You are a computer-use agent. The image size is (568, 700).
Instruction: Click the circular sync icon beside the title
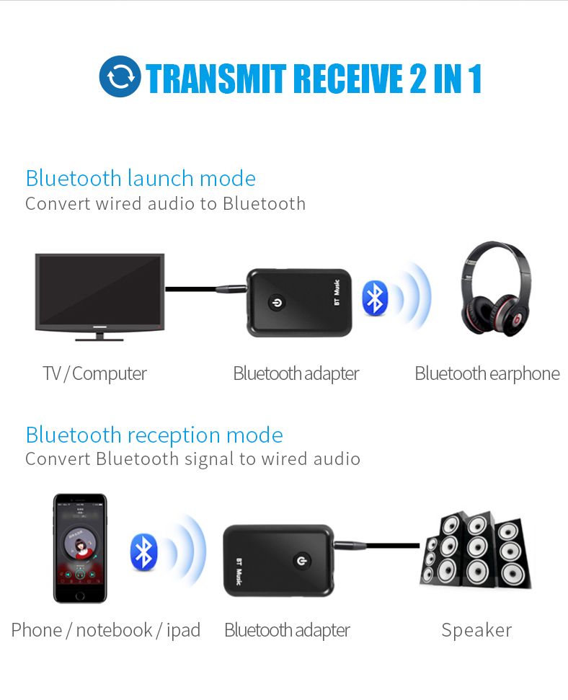point(120,76)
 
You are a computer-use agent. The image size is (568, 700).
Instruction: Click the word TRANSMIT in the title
point(216,79)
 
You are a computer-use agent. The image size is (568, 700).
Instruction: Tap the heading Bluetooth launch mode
point(141,178)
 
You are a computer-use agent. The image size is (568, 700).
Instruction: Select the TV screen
point(99,291)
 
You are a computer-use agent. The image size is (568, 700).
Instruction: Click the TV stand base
point(99,337)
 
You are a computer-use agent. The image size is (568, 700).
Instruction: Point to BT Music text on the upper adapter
point(337,293)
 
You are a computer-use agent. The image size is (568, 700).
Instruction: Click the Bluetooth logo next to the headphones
point(375,298)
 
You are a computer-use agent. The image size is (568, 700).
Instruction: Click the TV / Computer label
point(94,373)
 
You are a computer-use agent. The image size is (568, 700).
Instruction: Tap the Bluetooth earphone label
point(487,373)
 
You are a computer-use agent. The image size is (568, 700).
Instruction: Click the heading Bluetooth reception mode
point(154,435)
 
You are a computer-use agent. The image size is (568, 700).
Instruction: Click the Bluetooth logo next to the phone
point(143,552)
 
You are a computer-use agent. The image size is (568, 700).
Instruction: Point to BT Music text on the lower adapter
point(239,572)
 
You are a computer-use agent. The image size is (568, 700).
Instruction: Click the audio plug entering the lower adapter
point(350,544)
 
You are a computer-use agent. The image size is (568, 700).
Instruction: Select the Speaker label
point(476,630)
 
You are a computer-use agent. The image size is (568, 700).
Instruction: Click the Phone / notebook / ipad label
point(106,630)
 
